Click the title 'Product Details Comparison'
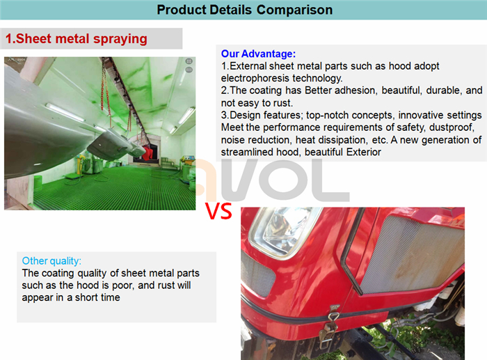244,10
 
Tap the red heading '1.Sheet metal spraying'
77,39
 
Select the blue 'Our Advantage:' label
258,54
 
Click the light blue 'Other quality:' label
51,261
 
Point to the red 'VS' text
218,212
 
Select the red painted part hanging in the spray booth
147,153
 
